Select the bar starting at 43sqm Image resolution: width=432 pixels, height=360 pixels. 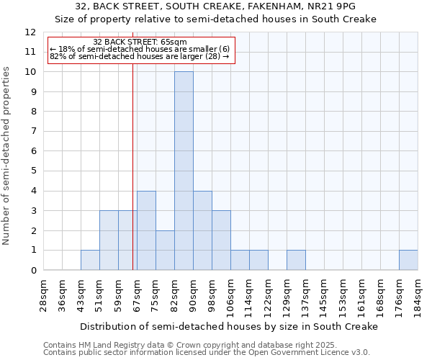90,260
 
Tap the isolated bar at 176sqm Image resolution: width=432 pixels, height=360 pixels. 408,260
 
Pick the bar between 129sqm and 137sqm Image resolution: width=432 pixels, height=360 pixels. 296,260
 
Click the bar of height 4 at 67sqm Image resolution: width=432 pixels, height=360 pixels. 146,230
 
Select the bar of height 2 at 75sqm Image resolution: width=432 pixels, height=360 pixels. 165,250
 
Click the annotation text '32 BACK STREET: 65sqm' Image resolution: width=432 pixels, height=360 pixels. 140,42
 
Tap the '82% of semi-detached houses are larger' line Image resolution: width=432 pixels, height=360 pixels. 140,57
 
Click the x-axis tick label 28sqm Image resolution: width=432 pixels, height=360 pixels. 44,296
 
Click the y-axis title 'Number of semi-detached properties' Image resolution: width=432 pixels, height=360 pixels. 7,156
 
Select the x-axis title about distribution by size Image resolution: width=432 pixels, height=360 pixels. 229,327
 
